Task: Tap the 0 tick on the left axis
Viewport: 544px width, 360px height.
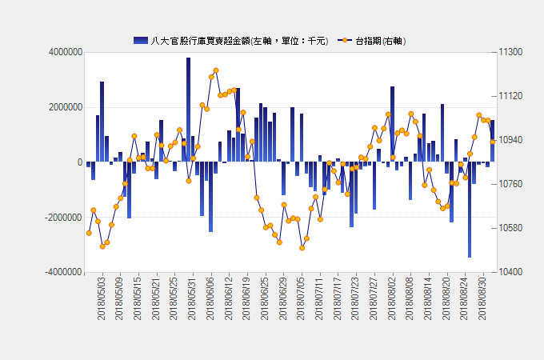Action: (79, 162)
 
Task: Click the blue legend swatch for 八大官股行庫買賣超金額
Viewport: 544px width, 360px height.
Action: (141, 40)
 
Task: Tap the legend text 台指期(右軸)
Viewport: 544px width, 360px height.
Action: (383, 40)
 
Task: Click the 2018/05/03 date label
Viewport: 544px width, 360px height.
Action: (102, 299)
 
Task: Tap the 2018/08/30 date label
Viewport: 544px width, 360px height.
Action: (482, 299)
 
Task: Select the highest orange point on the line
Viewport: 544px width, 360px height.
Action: (216, 70)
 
